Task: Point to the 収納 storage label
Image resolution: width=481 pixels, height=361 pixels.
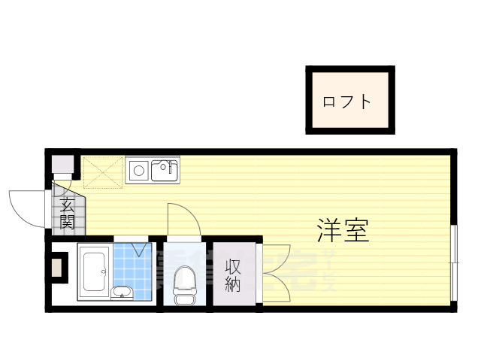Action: click(233, 275)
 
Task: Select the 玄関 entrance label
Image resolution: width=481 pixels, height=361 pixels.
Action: click(68, 213)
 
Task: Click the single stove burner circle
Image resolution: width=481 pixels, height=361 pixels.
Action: click(138, 171)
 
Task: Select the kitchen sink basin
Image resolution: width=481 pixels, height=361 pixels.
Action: click(165, 171)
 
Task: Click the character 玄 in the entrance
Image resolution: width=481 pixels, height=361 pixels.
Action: click(68, 205)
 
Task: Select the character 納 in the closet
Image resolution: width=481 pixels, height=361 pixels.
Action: click(233, 284)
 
